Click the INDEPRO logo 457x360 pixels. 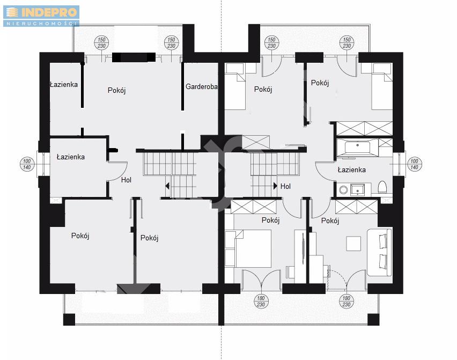coord(41,16)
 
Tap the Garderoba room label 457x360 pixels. coord(201,86)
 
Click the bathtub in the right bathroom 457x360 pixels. coord(357,147)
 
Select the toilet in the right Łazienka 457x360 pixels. coord(382,187)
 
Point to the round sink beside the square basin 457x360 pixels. coord(344,190)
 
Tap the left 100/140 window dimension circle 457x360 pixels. coord(27,164)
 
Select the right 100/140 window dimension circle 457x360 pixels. coord(414,164)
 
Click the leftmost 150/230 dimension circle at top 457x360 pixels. coord(101,42)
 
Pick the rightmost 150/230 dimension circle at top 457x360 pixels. coord(347,42)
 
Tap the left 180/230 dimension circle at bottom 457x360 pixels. coord(261,302)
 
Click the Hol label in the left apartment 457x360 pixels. coord(126,180)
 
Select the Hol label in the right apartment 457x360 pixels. coord(285,186)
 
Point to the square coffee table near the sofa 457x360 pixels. coord(353,244)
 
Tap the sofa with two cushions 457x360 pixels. coord(379,253)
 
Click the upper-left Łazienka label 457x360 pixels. coord(64,85)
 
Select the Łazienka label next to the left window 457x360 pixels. coord(71,157)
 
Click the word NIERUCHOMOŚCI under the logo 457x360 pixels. coord(41,23)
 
